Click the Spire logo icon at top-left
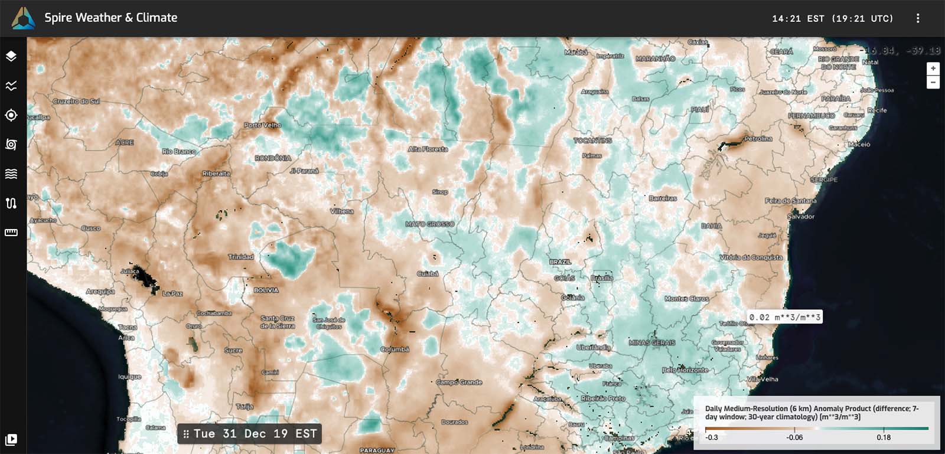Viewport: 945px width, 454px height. (23, 18)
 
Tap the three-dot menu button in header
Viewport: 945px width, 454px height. (917, 18)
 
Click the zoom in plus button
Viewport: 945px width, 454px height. (933, 68)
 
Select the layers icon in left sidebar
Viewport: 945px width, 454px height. (11, 57)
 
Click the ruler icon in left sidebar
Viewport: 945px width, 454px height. (11, 233)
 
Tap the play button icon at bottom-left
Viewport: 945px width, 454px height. (11, 439)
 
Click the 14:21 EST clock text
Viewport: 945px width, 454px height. (832, 19)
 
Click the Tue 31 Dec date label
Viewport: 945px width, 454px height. (249, 434)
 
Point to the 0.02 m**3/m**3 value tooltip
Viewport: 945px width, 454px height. (784, 318)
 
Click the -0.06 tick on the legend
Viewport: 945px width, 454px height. (794, 437)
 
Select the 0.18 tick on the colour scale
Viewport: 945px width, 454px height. (884, 437)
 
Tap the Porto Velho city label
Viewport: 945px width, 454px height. (263, 125)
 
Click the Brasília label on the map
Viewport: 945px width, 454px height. (602, 278)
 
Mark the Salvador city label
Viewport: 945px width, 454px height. (801, 217)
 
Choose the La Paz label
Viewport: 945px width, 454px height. (172, 293)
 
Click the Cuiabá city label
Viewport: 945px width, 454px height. (428, 274)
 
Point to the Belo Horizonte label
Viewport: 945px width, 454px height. (685, 370)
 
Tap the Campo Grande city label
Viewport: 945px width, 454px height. (460, 383)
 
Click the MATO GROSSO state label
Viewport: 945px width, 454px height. (430, 224)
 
